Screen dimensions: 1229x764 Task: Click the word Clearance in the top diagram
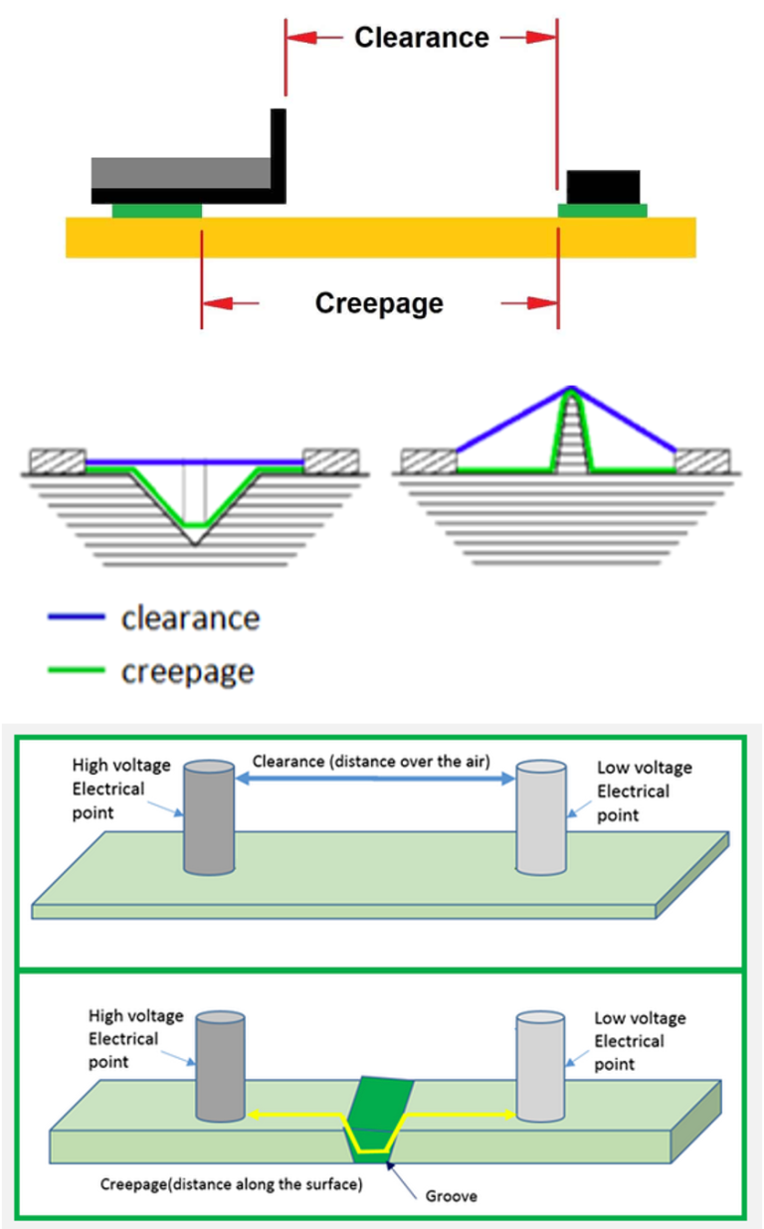point(422,38)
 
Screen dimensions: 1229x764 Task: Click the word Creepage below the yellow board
point(379,302)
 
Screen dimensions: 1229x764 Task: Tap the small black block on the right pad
point(603,186)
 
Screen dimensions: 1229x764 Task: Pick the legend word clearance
point(190,618)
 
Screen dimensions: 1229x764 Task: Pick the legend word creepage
point(188,672)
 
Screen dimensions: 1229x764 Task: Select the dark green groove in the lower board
point(382,1114)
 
